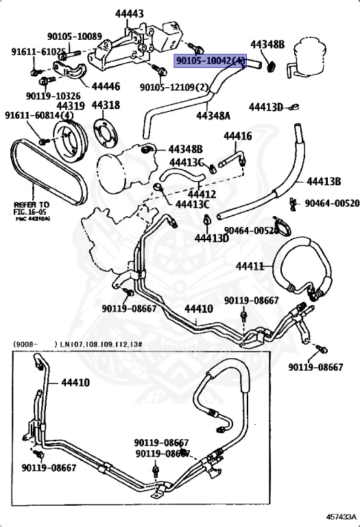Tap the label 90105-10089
[x=75, y=36]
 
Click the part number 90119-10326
[x=53, y=96]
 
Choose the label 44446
[x=106, y=86]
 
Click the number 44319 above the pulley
[x=71, y=106]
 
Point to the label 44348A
[x=214, y=116]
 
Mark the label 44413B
[x=324, y=181]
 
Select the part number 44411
[x=250, y=266]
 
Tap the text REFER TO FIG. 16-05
[x=32, y=208]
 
